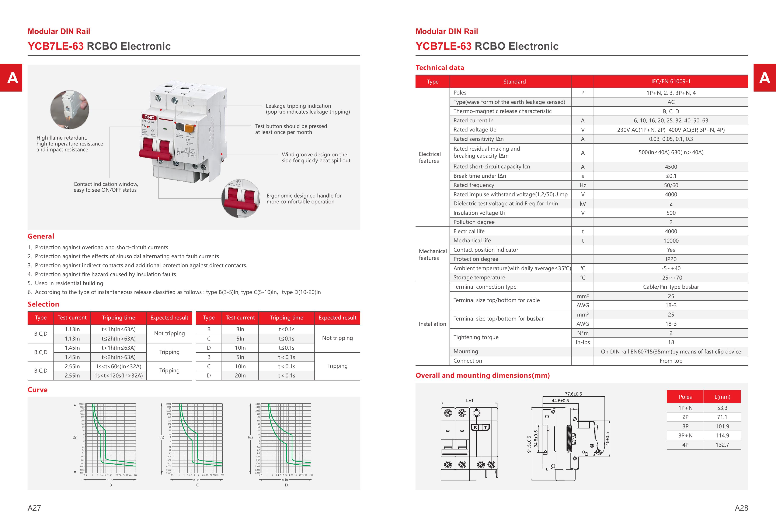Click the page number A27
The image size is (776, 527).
(x=34, y=508)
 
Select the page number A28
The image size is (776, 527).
(x=741, y=508)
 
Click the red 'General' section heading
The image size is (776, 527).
(x=41, y=236)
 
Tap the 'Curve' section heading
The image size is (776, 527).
(x=37, y=390)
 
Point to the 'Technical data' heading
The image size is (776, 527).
(x=440, y=68)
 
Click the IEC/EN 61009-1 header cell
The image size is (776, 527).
(x=671, y=82)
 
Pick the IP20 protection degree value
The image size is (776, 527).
(x=671, y=259)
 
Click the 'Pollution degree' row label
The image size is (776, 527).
(x=474, y=222)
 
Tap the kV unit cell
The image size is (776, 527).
(x=583, y=203)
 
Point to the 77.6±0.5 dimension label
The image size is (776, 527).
(x=573, y=394)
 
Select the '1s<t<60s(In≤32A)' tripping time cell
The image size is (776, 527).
(x=119, y=366)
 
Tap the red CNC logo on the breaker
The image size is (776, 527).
(x=149, y=117)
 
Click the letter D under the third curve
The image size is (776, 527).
(x=286, y=485)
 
